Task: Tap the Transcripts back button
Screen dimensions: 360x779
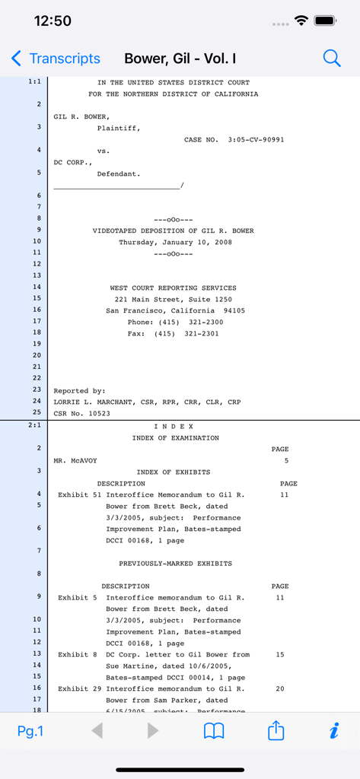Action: click(x=56, y=59)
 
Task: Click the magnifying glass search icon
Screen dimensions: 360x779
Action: click(x=332, y=59)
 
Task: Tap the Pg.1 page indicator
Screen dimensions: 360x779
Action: click(x=30, y=731)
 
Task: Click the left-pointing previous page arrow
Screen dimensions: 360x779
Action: click(x=97, y=731)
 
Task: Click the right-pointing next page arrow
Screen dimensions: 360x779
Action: click(x=153, y=731)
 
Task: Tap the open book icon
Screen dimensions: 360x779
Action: click(x=214, y=731)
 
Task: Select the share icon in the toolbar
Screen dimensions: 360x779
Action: click(x=276, y=730)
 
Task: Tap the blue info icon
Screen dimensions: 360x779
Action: click(x=333, y=731)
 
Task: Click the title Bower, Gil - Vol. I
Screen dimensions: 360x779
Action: click(x=180, y=59)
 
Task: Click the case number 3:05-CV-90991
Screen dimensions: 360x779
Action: click(x=256, y=140)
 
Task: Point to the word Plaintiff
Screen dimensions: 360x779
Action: click(x=118, y=128)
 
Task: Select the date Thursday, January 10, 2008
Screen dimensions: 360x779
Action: click(x=175, y=243)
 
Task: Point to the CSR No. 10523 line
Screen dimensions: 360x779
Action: click(x=81, y=414)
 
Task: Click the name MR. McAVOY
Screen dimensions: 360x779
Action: click(x=75, y=461)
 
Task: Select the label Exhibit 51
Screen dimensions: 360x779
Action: click(x=80, y=495)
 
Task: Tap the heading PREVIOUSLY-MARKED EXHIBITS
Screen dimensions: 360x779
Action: click(x=175, y=564)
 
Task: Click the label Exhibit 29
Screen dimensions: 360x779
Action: click(x=80, y=689)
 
